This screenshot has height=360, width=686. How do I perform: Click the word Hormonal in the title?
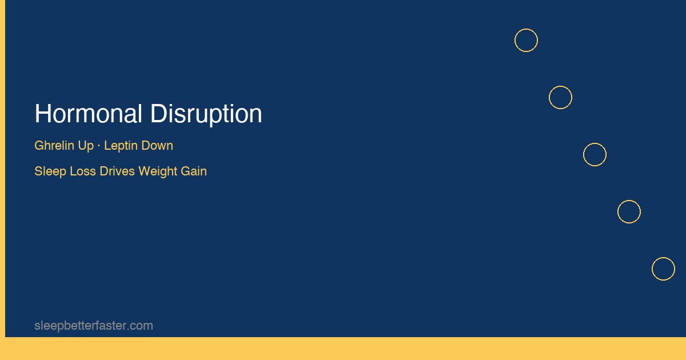pos(88,114)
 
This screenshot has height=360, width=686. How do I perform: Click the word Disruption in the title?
pos(206,115)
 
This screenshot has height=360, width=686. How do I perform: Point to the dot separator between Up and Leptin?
pos(99,146)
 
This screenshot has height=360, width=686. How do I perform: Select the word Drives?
pos(117,171)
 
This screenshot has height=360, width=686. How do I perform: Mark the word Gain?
pos(194,171)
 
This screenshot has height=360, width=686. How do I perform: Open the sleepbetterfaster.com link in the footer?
pos(94,326)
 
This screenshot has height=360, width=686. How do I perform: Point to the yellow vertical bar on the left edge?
pos(2,169)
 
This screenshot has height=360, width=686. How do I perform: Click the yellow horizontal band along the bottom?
pos(343,349)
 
